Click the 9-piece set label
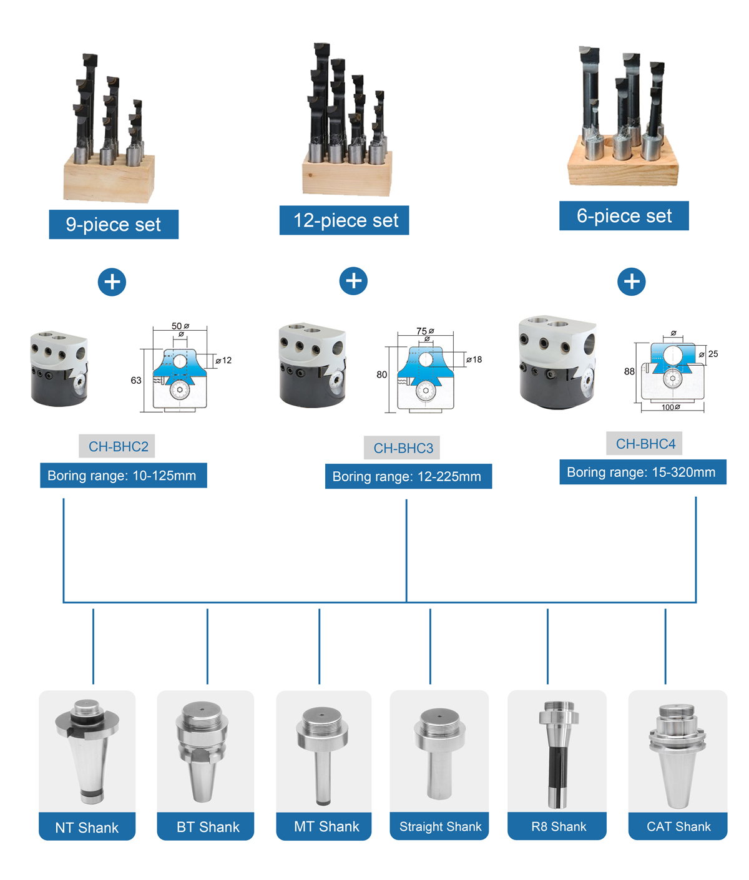[x=114, y=225]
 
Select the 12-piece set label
[x=345, y=220]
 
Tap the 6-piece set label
[x=624, y=216]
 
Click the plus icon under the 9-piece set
[x=112, y=282]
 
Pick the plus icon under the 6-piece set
[x=632, y=281]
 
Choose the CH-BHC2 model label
[x=117, y=447]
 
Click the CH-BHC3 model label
[x=403, y=448]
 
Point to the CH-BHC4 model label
[x=645, y=444]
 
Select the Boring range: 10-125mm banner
[x=123, y=476]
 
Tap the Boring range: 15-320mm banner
[x=642, y=472]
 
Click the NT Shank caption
[x=87, y=828]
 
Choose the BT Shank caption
[x=207, y=827]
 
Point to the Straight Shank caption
[x=440, y=827]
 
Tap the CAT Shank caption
[x=678, y=827]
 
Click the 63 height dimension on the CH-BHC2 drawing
[x=136, y=380]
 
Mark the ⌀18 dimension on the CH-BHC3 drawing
[x=474, y=359]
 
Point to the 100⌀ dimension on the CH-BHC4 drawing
[x=670, y=408]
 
